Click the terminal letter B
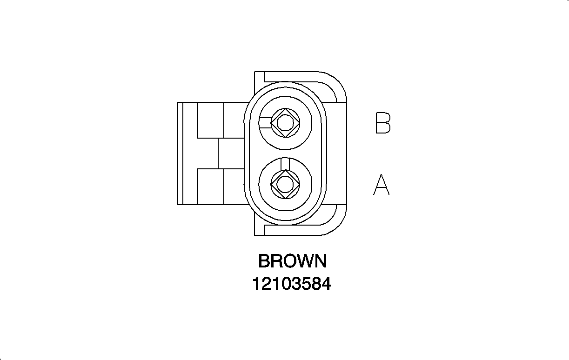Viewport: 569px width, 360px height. point(383,123)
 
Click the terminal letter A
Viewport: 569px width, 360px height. point(382,185)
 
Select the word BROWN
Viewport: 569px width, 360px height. point(292,261)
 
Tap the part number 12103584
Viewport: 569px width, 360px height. point(292,284)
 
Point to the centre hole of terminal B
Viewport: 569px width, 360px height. point(285,123)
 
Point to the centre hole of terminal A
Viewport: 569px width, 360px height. point(285,185)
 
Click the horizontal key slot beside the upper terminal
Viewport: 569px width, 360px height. point(266,123)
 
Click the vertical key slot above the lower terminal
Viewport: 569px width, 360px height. point(285,164)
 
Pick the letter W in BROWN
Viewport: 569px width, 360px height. point(303,261)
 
